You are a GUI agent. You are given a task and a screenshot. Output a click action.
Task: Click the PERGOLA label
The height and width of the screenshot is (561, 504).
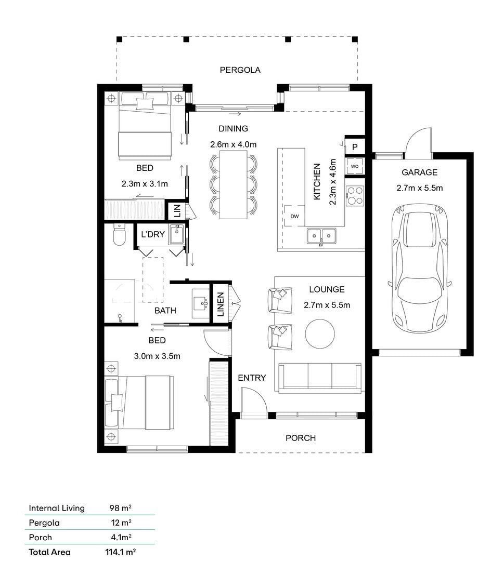tap(240, 70)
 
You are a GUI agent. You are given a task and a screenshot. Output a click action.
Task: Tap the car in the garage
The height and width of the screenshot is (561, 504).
tap(419, 269)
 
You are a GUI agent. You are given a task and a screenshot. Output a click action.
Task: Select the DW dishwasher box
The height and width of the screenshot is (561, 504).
tap(294, 216)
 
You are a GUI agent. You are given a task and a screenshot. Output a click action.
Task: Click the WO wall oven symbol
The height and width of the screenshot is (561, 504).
tap(355, 166)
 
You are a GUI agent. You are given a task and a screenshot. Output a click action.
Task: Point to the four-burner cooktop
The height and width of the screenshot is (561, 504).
tap(355, 196)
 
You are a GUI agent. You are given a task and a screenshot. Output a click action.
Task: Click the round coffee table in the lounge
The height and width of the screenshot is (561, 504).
tap(320, 333)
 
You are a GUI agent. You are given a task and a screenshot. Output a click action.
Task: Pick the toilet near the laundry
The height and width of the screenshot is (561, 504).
tap(119, 235)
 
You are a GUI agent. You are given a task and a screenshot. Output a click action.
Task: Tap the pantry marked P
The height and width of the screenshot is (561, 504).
tap(355, 146)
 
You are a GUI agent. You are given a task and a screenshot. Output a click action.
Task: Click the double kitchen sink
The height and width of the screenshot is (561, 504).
tap(321, 236)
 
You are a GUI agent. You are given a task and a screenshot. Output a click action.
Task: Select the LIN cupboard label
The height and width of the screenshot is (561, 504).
tap(177, 211)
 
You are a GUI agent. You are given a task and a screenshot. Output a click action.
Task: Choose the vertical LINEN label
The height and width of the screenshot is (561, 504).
tap(221, 304)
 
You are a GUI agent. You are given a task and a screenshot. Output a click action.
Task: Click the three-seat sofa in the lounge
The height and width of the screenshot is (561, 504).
tap(320, 378)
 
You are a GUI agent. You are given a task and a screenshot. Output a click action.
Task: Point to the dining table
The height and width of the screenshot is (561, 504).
tap(233, 184)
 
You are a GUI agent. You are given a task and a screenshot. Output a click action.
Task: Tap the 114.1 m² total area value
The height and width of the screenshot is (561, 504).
tap(120, 552)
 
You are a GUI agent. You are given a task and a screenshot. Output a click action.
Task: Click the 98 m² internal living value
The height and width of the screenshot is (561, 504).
tap(120, 507)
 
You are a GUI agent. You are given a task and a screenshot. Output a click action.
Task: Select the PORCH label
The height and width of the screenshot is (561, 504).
tap(301, 438)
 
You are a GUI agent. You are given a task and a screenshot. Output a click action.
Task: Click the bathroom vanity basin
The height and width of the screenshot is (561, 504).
tap(201, 303)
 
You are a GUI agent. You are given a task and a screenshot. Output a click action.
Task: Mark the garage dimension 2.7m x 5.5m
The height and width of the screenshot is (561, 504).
tap(419, 188)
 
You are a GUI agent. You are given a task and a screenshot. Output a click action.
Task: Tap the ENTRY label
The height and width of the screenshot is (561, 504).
tap(252, 378)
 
